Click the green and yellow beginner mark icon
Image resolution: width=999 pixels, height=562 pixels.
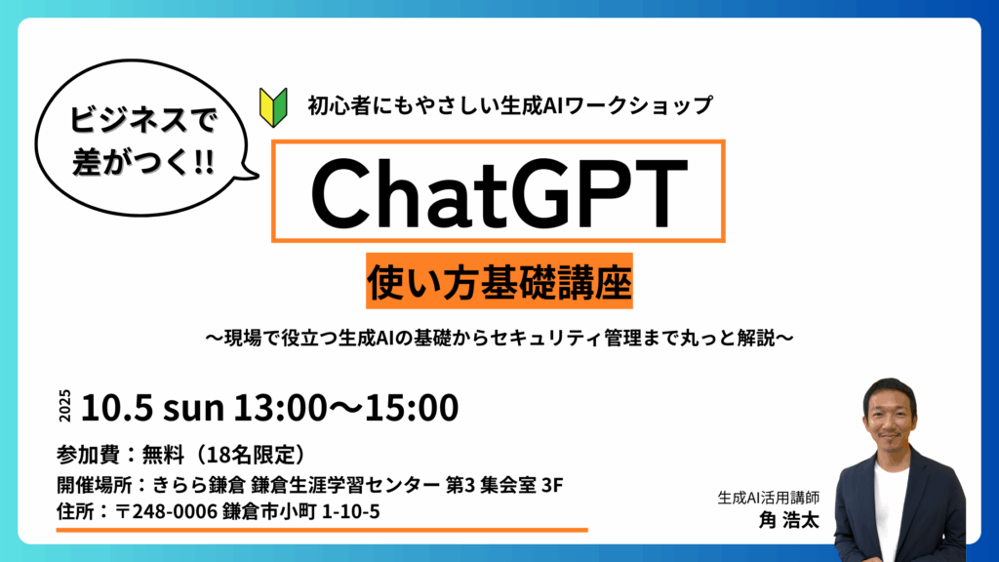[273, 107]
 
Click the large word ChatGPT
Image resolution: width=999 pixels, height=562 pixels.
[499, 192]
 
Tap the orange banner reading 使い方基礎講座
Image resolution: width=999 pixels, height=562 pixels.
[499, 281]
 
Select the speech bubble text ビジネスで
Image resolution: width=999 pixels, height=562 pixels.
[143, 120]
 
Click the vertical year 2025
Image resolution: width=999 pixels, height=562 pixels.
[65, 406]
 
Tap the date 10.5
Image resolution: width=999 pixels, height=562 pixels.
[117, 407]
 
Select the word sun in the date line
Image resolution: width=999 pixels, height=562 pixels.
[194, 409]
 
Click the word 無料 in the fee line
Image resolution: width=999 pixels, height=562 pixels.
[163, 455]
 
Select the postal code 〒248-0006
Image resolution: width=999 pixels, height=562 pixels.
[166, 511]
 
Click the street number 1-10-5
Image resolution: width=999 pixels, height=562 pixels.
[351, 511]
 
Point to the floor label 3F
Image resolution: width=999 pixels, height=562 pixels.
[552, 485]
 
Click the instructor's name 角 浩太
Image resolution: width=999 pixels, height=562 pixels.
[788, 520]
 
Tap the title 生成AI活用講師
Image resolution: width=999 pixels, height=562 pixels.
[769, 498]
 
